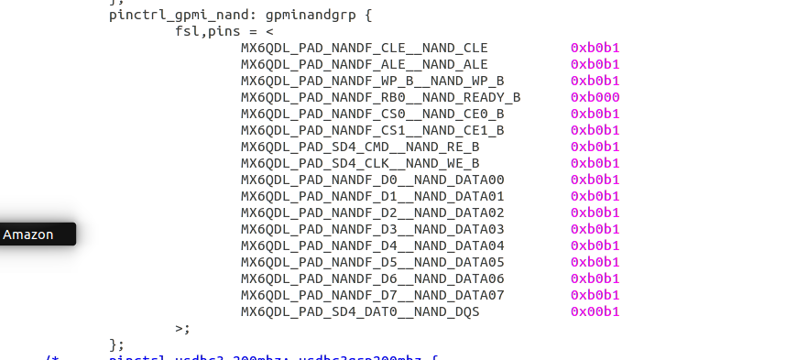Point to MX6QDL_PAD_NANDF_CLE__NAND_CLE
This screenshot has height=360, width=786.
[365, 48]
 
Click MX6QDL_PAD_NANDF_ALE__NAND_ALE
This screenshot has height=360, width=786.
[365, 64]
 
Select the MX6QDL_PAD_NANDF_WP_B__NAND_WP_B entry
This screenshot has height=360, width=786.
[372, 81]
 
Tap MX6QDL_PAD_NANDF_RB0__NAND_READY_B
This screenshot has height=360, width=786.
[380, 97]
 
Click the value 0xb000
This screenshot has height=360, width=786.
[595, 97]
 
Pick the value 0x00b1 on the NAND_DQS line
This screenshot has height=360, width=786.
[595, 311]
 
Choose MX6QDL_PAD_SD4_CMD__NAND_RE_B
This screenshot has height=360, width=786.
[360, 147]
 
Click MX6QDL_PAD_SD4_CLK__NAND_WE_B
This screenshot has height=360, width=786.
[360, 163]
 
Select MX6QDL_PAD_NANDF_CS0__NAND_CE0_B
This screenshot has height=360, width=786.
[372, 114]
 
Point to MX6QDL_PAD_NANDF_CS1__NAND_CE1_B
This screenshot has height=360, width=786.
[372, 130]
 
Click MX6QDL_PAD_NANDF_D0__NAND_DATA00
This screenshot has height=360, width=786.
[372, 180]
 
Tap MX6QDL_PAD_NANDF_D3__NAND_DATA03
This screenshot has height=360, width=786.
[372, 229]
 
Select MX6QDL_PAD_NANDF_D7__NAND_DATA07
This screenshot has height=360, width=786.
[372, 295]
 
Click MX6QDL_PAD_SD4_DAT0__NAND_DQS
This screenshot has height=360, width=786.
[360, 311]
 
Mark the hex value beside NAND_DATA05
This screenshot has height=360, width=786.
[595, 262]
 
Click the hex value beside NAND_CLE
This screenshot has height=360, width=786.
[595, 48]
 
